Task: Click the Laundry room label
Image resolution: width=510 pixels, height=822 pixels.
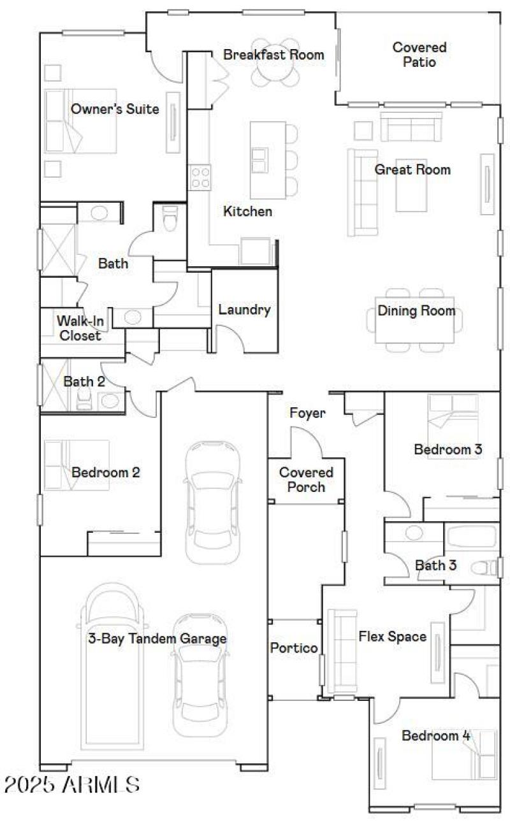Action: [244, 310]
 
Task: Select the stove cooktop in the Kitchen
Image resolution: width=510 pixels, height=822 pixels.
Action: [200, 177]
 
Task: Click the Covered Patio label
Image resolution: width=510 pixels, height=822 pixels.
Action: [419, 54]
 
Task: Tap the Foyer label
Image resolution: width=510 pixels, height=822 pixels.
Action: [307, 413]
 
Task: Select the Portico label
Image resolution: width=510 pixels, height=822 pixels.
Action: [294, 648]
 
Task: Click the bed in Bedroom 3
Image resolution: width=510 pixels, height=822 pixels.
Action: [453, 414]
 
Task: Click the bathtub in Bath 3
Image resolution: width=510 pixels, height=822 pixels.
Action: [471, 537]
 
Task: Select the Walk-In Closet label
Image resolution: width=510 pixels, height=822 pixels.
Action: [80, 328]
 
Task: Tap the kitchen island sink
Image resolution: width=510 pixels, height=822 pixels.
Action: [259, 159]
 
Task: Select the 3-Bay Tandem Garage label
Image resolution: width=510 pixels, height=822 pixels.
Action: [157, 638]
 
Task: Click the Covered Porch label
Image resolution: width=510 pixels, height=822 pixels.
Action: [306, 479]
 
